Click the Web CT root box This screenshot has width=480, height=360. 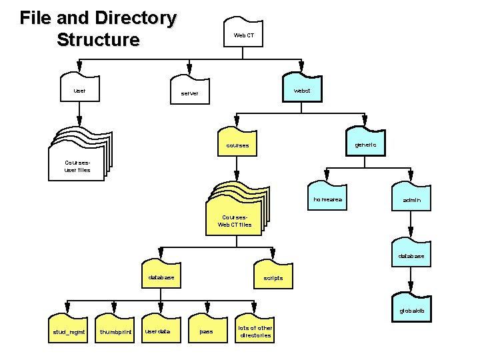pos(243,35)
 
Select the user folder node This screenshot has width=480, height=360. pos(79,88)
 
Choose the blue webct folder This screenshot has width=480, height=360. pos(302,88)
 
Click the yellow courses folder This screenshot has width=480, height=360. pos(237,143)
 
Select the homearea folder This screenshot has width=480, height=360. pos(327,198)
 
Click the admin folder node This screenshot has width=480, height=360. pos(411,199)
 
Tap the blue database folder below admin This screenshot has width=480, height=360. pos(411,254)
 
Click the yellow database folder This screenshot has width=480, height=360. pos(161,275)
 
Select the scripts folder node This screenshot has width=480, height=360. pos(273,276)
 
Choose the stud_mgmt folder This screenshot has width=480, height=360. pos(69,329)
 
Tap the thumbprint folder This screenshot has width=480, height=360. pos(116,330)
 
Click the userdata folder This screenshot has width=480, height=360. pos(159,329)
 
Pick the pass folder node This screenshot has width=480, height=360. pos(207,329)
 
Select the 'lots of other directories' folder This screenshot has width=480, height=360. pos(255,330)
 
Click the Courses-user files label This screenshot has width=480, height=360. pos(77,166)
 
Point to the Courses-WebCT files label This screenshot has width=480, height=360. pos(235,221)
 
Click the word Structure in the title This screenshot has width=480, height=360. pos(98,40)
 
